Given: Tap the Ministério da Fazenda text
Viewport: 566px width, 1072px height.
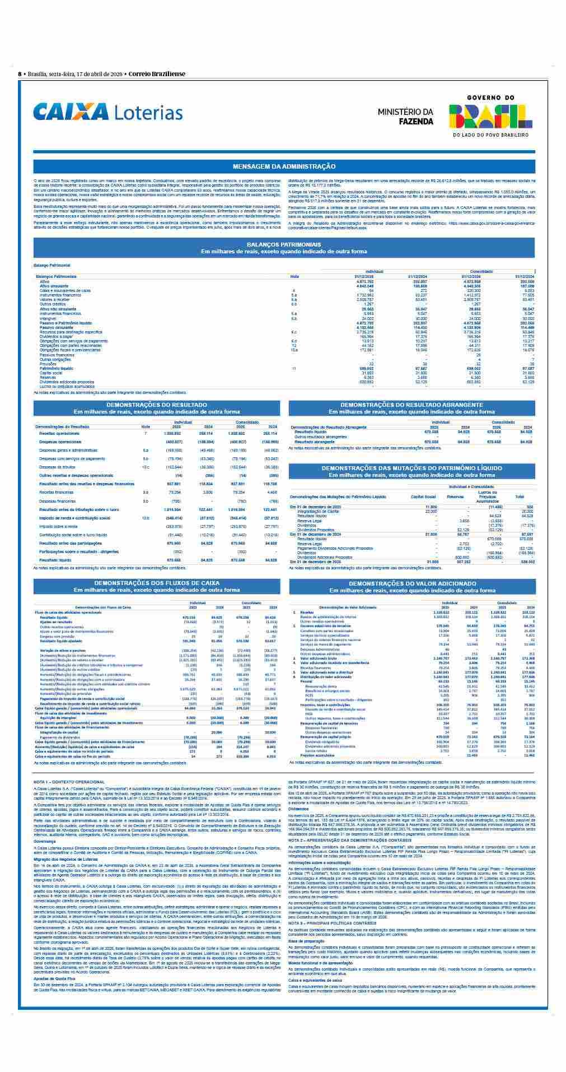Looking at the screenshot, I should (x=405, y=116).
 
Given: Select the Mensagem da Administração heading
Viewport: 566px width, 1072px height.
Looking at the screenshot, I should (x=284, y=166).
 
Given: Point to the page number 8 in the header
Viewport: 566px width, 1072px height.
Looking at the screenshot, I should (x=20, y=73).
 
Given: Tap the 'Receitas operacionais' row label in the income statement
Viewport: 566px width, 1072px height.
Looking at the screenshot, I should (x=59, y=433).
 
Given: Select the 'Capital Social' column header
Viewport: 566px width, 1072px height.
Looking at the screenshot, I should (x=423, y=496).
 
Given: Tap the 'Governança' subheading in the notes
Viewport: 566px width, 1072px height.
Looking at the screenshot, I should (x=44, y=841).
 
